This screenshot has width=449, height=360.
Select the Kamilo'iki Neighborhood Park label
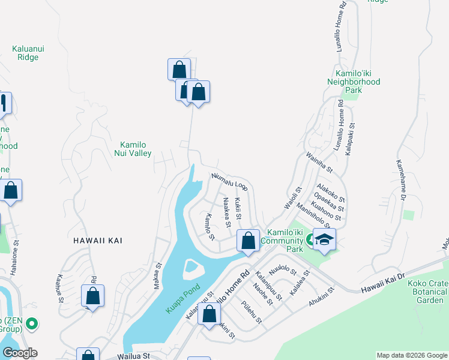[x=354, y=86]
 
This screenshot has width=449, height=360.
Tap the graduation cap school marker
[x=324, y=240]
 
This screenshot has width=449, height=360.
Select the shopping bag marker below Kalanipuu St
[x=209, y=314]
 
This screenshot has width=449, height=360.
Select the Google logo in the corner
[x=20, y=353]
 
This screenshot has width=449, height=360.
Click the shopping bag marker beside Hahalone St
[x=11, y=191]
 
